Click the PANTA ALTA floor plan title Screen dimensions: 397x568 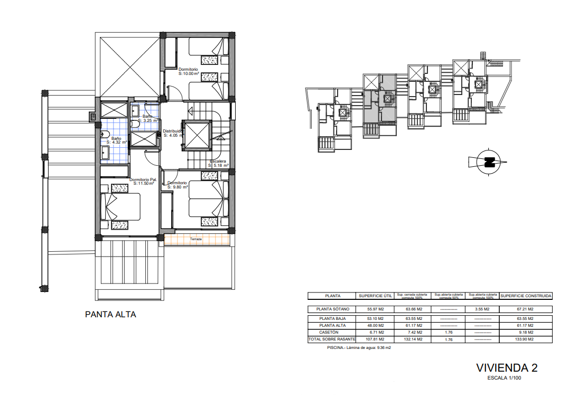(110, 315)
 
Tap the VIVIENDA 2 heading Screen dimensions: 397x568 (507, 367)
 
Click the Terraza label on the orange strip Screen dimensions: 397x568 (197, 240)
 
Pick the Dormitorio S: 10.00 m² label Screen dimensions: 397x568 (189, 72)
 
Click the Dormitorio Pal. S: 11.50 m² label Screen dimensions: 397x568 (144, 182)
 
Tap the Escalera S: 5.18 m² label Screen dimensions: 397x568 (218, 163)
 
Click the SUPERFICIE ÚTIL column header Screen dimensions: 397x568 (375, 296)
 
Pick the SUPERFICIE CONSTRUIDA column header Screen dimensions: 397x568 (526, 296)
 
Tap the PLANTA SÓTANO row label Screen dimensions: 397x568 (332, 309)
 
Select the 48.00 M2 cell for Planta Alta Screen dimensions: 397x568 (375, 326)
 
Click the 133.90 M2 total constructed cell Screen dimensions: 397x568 (526, 339)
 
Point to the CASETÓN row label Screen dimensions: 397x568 (332, 333)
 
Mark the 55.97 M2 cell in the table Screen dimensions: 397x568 (375, 309)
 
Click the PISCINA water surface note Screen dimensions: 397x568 (359, 348)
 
